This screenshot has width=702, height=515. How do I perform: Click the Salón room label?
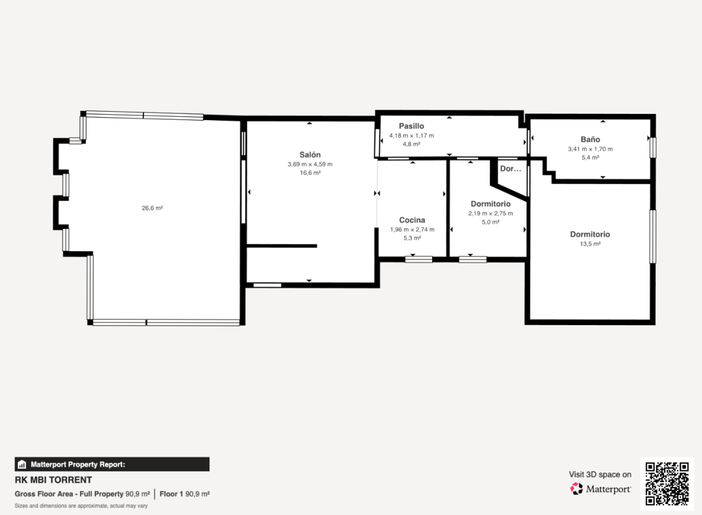pyautogui.click(x=310, y=155)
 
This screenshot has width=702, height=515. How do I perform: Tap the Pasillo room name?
pyautogui.click(x=411, y=126)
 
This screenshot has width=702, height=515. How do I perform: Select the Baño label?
pyautogui.click(x=590, y=139)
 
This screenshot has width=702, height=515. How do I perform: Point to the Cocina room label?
pyautogui.click(x=412, y=220)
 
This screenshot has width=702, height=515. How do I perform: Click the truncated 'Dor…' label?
pyautogui.click(x=510, y=169)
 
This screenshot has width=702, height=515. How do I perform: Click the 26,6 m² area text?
pyautogui.click(x=152, y=208)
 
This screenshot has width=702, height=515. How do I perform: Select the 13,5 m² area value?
pyautogui.click(x=590, y=244)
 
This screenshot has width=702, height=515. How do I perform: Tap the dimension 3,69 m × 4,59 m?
pyautogui.click(x=310, y=164)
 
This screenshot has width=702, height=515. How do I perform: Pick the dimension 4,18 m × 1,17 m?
pyautogui.click(x=412, y=136)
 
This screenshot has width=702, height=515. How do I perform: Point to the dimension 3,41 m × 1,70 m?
pyautogui.click(x=590, y=149)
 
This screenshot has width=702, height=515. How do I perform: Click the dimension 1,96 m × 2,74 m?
pyautogui.click(x=412, y=229)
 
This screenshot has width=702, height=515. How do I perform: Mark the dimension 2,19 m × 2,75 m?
pyautogui.click(x=490, y=213)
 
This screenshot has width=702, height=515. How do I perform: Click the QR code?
pyautogui.click(x=667, y=484)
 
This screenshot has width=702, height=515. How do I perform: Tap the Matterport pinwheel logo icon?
pyautogui.click(x=577, y=489)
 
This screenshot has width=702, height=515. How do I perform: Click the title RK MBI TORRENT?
pyautogui.click(x=53, y=480)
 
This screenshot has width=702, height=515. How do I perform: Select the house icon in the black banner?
pyautogui.click(x=22, y=464)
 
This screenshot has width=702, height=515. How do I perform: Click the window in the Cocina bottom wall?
pyautogui.click(x=418, y=259)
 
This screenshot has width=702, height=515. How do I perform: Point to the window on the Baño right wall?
pyautogui.click(x=653, y=147)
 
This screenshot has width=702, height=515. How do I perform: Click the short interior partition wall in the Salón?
pyautogui.click(x=282, y=246)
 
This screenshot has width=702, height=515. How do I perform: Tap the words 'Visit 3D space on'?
pyautogui.click(x=600, y=475)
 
